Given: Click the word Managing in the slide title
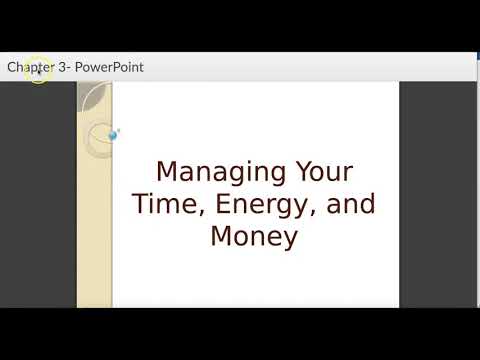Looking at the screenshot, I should click(214, 172).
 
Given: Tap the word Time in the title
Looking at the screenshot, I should click(164, 204).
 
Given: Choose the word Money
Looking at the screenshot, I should click(254, 237).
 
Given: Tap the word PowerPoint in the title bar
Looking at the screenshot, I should click(108, 67).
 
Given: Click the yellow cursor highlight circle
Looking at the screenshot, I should click(38, 70).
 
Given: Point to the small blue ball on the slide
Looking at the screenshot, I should click(113, 134).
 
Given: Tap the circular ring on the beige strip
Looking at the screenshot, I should click(100, 140).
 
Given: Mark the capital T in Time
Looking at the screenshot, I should click(141, 204).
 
